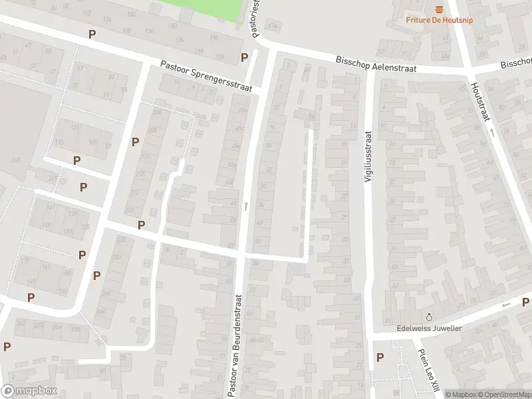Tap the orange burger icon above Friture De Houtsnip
coord(438,8)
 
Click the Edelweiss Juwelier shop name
coord(430,327)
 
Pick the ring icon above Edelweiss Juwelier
coord(429,316)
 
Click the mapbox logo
coord(29,391)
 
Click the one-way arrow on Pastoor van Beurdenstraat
coord(245,206)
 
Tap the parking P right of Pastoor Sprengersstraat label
coord(245,57)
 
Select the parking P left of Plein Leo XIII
coord(380,357)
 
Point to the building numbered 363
coord(14,159)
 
